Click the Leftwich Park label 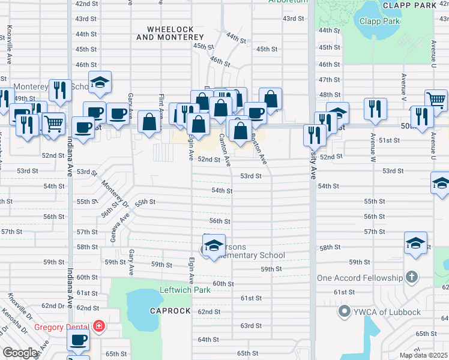(185, 290)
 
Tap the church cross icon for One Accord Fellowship (411, 277)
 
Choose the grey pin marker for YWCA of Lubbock (344, 310)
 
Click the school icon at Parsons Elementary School (213, 245)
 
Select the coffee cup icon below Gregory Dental (78, 340)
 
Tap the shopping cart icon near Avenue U (436, 100)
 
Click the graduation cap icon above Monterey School (100, 82)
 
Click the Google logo (20, 353)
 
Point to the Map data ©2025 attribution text (423, 355)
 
